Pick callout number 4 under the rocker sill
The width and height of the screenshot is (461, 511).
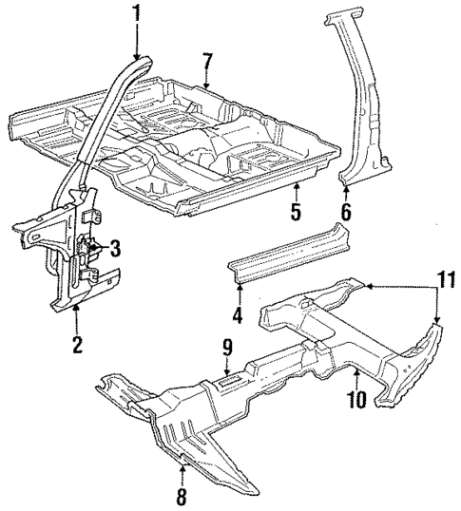click(238, 314)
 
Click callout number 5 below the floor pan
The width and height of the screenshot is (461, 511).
click(296, 212)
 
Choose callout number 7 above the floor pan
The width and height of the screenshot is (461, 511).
click(206, 63)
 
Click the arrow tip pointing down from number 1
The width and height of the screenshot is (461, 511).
click(138, 59)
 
